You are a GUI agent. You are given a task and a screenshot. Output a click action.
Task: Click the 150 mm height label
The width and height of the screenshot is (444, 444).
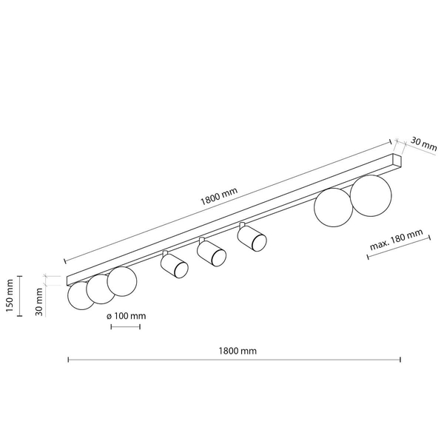click(10, 295)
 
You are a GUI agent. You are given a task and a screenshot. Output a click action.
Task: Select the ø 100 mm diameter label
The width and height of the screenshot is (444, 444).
click(127, 316)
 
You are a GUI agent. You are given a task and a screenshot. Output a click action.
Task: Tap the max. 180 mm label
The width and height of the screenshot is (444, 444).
click(397, 240)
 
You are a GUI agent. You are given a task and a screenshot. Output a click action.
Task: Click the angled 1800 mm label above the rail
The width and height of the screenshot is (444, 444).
click(218, 196)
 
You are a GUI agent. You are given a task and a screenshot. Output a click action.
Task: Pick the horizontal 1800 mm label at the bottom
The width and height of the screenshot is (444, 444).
click(238, 351)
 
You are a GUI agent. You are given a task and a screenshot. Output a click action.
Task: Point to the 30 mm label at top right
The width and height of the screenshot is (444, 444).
click(423, 144)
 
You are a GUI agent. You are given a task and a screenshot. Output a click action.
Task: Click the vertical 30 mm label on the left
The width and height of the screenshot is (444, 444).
click(39, 302)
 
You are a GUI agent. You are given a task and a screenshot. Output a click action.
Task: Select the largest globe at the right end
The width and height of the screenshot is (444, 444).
click(371, 195)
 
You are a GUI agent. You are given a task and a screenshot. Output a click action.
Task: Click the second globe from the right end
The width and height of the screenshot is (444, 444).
click(334, 207)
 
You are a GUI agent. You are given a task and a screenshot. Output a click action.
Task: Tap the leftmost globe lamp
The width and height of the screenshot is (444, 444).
click(80, 295)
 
